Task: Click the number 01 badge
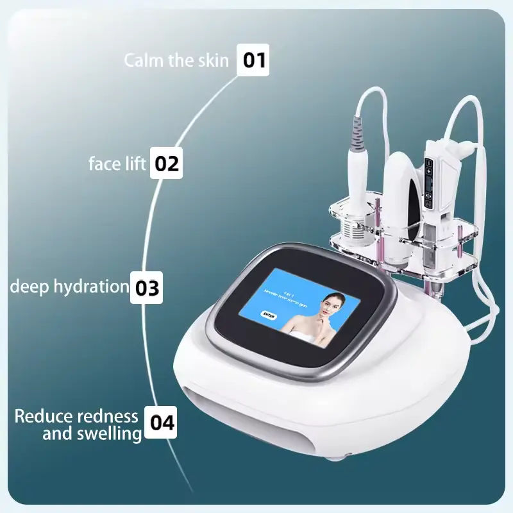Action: click(253, 60)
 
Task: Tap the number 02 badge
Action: click(165, 164)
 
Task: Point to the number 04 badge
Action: click(161, 423)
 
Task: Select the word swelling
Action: click(109, 433)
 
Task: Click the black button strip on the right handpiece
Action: click(428, 183)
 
